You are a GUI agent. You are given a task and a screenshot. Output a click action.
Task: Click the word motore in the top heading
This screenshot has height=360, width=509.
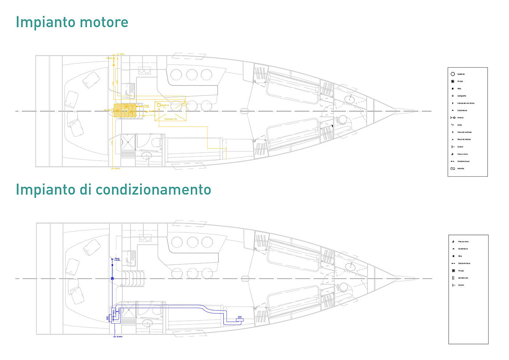click(104, 22)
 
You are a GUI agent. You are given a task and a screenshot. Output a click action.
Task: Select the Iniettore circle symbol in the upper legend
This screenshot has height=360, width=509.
click(453, 74)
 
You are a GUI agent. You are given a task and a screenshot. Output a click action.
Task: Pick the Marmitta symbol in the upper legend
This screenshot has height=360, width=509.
click(453, 169)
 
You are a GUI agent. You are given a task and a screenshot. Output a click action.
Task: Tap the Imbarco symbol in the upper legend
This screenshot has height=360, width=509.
click(453, 118)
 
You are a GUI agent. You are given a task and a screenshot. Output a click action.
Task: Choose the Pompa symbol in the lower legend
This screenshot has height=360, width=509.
click(453, 271)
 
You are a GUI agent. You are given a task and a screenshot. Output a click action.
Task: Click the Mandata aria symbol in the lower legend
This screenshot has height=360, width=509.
click(453, 278)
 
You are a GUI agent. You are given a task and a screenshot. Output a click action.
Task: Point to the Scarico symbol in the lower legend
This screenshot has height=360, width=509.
click(453, 285)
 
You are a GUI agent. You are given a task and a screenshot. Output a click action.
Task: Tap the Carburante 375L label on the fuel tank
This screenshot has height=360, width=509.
click(171, 119)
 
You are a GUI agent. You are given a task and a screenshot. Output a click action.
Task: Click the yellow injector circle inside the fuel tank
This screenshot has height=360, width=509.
click(159, 105)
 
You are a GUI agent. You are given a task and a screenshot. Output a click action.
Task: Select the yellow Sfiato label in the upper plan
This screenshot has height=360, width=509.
click(122, 54)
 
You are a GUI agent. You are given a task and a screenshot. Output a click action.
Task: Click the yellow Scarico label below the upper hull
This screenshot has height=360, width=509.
click(117, 168)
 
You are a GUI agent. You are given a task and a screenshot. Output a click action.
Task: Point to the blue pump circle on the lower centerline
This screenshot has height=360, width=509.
click(112, 279)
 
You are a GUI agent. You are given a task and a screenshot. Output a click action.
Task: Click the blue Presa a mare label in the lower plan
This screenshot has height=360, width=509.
click(117, 259)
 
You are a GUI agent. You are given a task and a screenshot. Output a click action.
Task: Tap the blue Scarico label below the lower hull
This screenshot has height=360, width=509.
click(119, 337)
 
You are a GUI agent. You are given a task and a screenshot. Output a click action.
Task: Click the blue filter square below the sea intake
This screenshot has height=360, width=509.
click(112, 265)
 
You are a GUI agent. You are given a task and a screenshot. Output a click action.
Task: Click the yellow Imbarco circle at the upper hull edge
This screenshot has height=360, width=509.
click(114, 58)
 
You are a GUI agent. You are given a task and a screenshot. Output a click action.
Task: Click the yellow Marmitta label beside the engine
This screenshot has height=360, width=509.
click(107, 110)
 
